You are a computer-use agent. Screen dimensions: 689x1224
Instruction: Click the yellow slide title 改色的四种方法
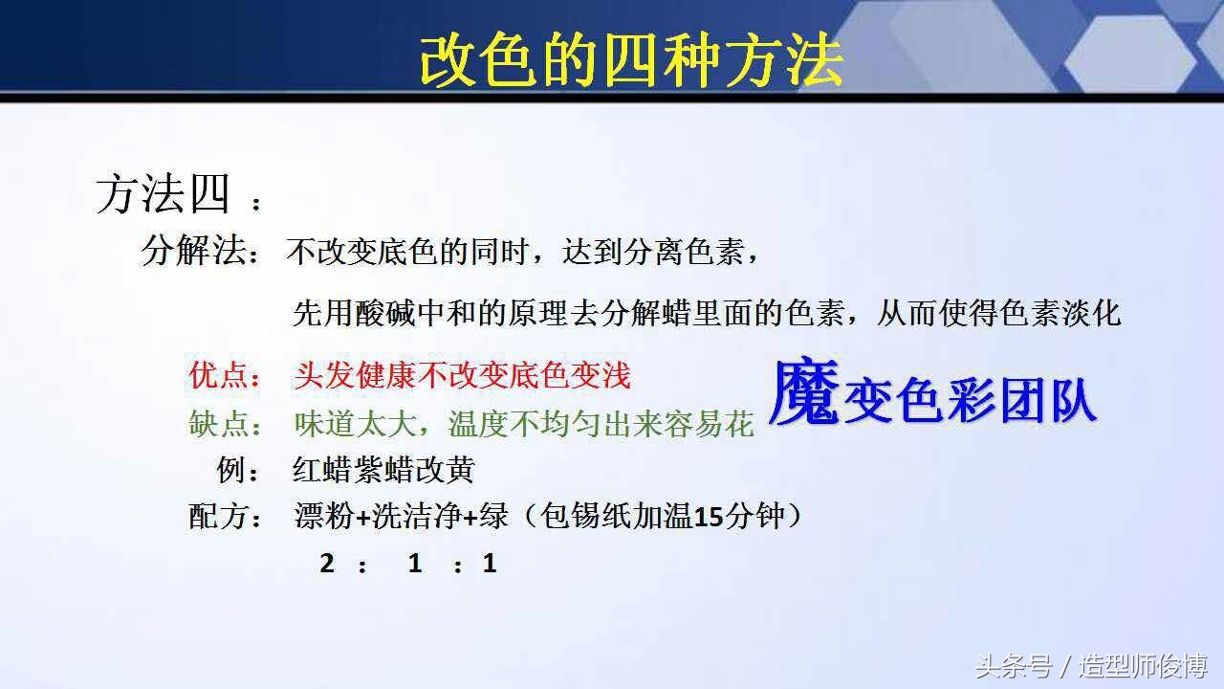631,62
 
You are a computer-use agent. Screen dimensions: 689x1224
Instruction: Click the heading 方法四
163,195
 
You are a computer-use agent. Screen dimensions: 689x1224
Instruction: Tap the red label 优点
218,375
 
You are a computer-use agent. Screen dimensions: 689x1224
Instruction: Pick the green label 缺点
218,424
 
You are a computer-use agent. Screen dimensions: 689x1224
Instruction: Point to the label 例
229,470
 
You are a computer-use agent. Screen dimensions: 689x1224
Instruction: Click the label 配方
218,517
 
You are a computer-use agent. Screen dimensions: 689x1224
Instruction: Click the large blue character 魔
804,395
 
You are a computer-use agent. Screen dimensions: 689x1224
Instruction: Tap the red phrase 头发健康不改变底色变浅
462,375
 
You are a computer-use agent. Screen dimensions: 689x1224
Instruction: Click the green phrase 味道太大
355,424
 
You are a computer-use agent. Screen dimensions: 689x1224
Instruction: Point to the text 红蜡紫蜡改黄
383,470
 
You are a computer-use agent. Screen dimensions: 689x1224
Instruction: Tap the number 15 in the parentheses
708,518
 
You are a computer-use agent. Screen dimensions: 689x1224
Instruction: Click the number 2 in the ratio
327,564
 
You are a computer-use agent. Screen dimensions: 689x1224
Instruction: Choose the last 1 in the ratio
490,564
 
